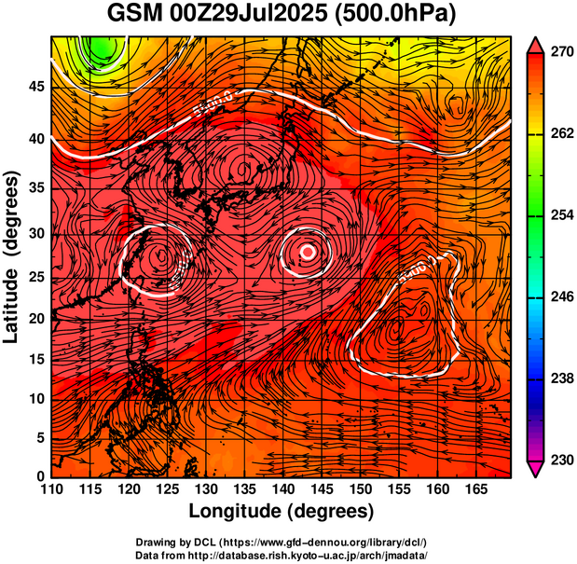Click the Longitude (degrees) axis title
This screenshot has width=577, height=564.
282,511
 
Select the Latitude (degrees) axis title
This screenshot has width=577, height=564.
13,256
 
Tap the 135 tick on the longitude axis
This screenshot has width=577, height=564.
243,488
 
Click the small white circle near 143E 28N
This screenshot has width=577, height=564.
309,252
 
